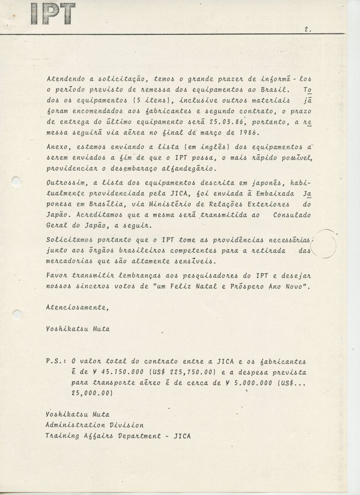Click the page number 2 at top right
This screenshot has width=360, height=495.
click(x=307, y=29)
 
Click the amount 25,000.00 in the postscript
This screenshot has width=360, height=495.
click(x=92, y=394)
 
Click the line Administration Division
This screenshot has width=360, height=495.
click(x=94, y=425)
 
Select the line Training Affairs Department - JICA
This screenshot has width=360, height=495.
click(x=118, y=436)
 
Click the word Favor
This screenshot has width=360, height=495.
click(x=58, y=275)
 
